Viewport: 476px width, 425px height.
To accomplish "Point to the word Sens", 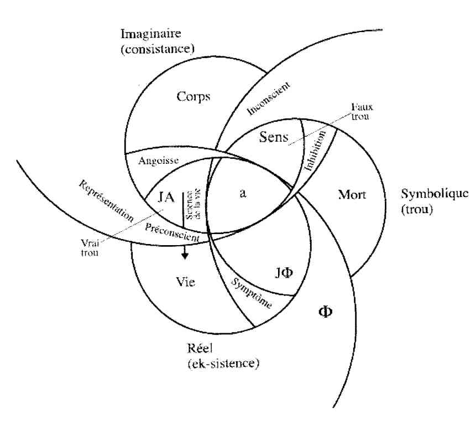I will click(x=274, y=138).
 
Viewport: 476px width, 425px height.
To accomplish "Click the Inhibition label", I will click(x=315, y=150).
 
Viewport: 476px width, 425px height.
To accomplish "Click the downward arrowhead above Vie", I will click(x=185, y=256).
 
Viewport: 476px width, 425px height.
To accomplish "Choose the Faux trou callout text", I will click(x=360, y=112).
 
